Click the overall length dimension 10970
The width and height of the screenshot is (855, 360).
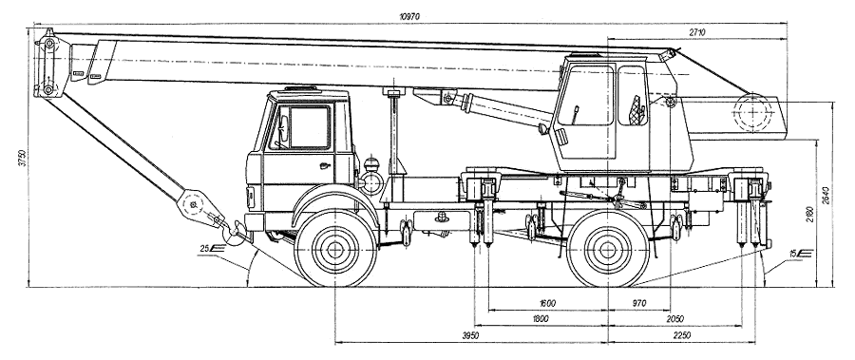409,17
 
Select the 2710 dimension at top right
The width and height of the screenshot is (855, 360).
697,32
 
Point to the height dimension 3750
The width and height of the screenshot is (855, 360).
22,159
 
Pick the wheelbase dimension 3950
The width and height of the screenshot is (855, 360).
470,335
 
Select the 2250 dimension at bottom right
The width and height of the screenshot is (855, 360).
681,335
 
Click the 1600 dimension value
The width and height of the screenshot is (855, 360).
547,303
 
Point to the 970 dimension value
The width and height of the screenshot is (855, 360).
638,303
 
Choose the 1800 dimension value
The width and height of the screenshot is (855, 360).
540,319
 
